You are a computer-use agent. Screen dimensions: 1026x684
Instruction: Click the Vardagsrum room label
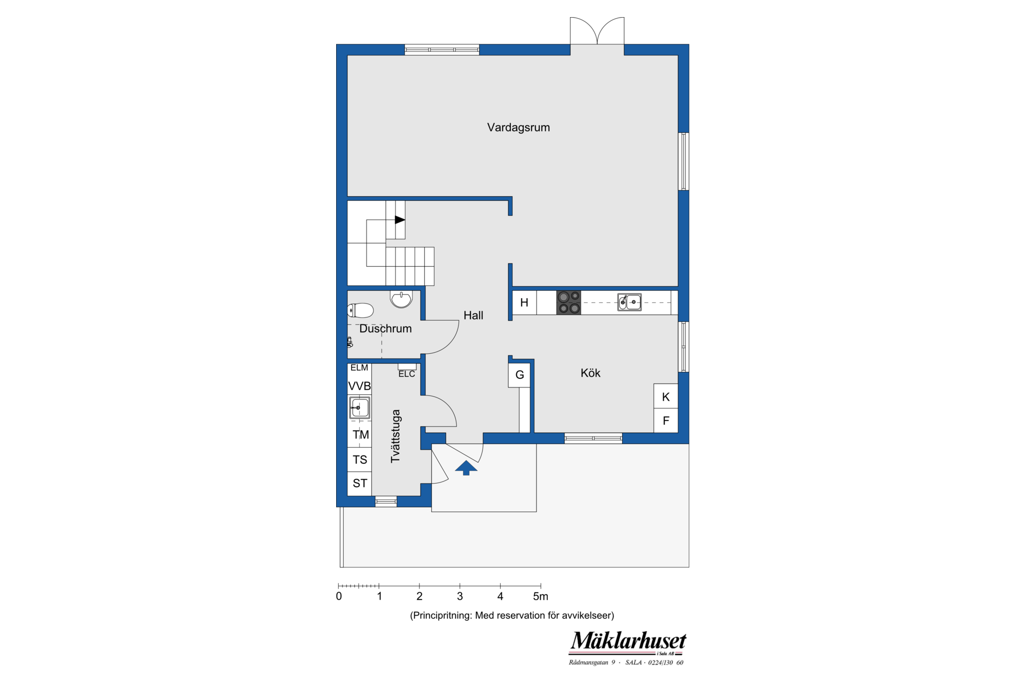(518, 128)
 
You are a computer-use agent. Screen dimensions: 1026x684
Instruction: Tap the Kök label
(590, 373)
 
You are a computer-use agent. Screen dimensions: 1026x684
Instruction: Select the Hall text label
(473, 315)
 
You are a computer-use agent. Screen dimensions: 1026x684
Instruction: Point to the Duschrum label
(385, 329)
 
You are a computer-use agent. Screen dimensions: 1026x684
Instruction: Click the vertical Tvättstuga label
(395, 436)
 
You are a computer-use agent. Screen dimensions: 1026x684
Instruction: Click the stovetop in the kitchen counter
(569, 302)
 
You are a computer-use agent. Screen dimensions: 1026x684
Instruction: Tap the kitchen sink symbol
(629, 302)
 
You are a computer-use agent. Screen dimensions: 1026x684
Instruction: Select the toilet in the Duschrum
(360, 310)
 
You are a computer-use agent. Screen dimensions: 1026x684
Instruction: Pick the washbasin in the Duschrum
(401, 299)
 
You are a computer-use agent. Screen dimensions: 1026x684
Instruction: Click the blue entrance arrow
(466, 468)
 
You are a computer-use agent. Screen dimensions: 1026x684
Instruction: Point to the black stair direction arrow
(400, 220)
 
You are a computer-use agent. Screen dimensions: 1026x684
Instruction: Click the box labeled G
(519, 375)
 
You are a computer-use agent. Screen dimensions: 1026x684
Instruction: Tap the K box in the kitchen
(666, 397)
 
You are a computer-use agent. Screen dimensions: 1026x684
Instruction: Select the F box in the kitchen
(666, 421)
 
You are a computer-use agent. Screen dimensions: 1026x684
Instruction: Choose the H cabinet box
(524, 302)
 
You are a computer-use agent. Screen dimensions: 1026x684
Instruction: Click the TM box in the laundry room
(360, 434)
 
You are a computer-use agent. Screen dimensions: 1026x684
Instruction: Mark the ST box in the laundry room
(360, 483)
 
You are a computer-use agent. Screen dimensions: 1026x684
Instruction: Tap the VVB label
(360, 386)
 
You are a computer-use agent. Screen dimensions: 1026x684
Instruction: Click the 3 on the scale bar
(460, 596)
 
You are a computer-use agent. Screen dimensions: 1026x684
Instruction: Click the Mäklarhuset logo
(627, 648)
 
